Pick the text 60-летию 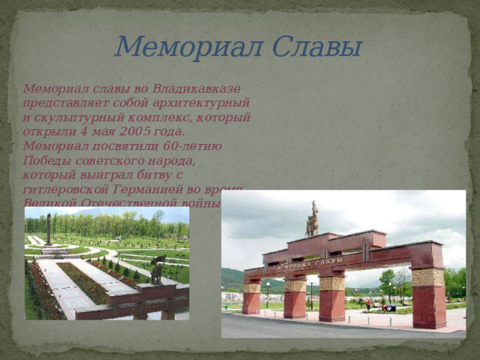click(197, 145)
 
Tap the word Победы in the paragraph click(47, 160)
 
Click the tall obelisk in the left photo click(49, 229)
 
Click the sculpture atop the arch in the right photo click(312, 219)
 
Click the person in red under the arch click(367, 304)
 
